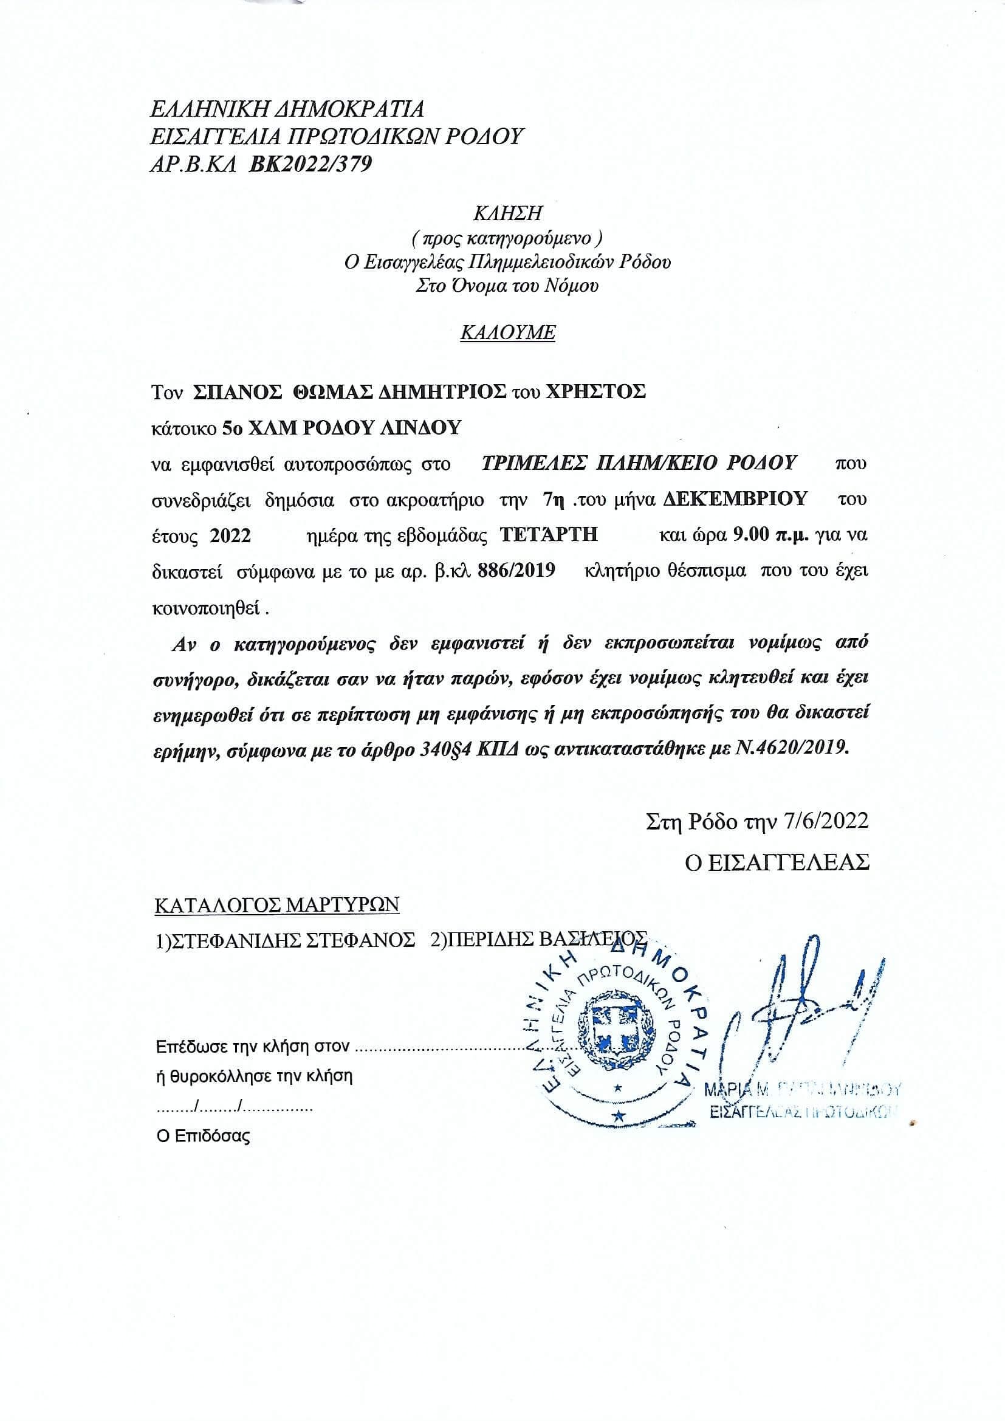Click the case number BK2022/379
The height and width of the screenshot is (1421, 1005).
pyautogui.click(x=310, y=165)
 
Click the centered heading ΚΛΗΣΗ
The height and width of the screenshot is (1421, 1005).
pyautogui.click(x=507, y=213)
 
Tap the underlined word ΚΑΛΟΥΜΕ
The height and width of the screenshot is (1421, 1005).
pyautogui.click(x=507, y=333)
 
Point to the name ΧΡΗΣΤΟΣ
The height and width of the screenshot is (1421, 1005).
pyautogui.click(x=594, y=393)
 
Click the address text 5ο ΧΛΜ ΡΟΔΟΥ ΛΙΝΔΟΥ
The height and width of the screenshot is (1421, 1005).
pyautogui.click(x=341, y=428)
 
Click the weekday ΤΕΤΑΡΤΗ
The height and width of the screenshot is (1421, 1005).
pyautogui.click(x=548, y=535)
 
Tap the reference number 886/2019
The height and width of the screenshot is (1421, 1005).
pyautogui.click(x=516, y=571)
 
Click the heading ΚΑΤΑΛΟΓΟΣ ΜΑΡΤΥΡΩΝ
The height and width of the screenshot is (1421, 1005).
pyautogui.click(x=276, y=905)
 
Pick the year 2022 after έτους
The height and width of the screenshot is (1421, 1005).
pyautogui.click(x=230, y=535)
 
